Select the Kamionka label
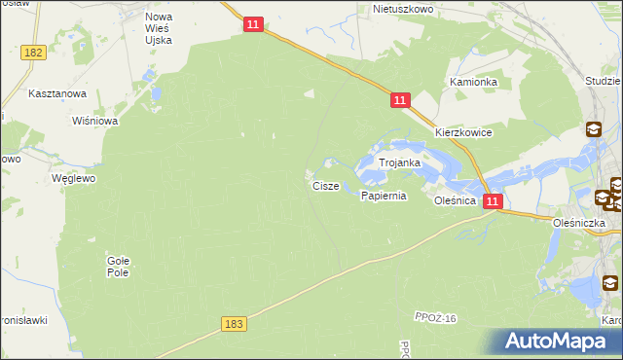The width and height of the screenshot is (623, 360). (x=473, y=83)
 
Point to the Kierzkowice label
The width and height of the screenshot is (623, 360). (x=463, y=132)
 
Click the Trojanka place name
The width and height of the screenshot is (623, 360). (x=399, y=163)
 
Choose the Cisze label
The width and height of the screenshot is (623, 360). (x=325, y=185)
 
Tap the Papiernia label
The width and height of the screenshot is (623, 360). (x=383, y=196)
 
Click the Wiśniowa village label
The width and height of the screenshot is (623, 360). (x=95, y=122)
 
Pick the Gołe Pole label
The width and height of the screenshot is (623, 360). (x=118, y=267)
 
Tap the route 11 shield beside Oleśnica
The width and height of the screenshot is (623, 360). (x=494, y=201)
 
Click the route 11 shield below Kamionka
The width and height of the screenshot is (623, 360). (x=400, y=99)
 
